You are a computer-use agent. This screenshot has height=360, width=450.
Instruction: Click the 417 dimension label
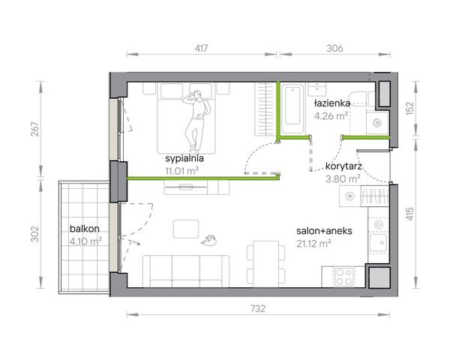pyautogui.click(x=201, y=48)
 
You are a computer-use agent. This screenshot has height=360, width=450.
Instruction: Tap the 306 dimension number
pyautogui.click(x=334, y=48)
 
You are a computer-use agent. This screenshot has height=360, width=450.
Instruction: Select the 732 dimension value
pyautogui.click(x=258, y=308)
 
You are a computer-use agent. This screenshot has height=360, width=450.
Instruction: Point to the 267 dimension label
pyautogui.click(x=34, y=129)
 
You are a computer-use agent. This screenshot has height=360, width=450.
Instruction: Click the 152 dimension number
pyautogui.click(x=410, y=108)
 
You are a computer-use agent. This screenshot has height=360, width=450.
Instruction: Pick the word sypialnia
pyautogui.click(x=184, y=158)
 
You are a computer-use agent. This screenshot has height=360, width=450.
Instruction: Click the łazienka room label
pyautogui.click(x=332, y=103)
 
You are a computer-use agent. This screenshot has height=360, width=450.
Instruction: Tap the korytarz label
pyautogui.click(x=343, y=166)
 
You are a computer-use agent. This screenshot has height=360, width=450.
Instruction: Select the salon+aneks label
pyautogui.click(x=324, y=231)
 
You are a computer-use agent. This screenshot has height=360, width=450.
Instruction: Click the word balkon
pyautogui.click(x=85, y=229)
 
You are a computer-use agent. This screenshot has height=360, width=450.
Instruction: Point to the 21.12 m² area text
pyautogui.click(x=313, y=244)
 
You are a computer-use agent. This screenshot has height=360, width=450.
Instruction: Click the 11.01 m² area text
pyautogui.click(x=182, y=171)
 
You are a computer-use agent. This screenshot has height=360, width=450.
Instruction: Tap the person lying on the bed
pyautogui.click(x=196, y=121)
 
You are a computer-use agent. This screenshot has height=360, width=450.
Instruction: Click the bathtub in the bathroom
pyautogui.click(x=292, y=109)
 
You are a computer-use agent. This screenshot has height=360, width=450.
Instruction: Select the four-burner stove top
pyautogui.click(x=344, y=277)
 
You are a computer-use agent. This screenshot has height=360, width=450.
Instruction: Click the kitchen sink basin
pyautogui.click(x=378, y=243)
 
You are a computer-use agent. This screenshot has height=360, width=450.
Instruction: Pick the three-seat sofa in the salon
pyautogui.click(x=186, y=271)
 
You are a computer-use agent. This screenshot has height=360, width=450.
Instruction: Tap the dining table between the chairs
pyautogui.click(x=265, y=263)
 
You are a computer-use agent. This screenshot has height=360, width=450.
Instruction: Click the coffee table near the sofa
pyautogui.click(x=186, y=229)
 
